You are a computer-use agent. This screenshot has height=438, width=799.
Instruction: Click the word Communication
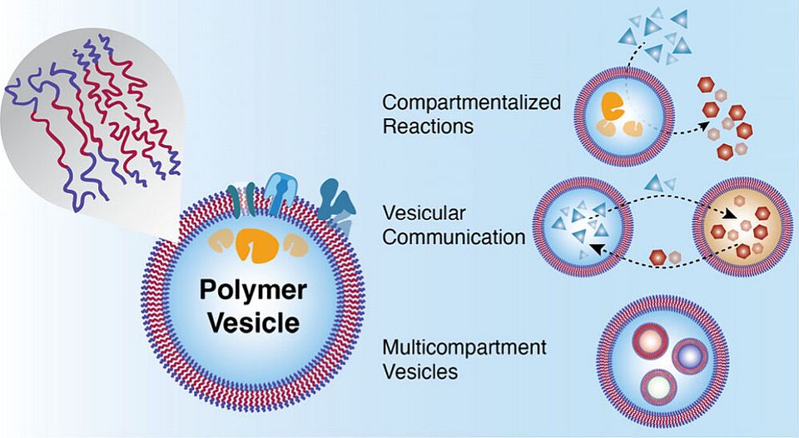pyautogui.click(x=454, y=236)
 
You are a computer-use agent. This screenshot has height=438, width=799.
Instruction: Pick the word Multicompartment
pyautogui.click(x=464, y=347)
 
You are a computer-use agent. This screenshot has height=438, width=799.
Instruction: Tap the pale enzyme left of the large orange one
pyautogui.click(x=209, y=243)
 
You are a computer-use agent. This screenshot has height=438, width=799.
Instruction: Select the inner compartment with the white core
pyautogui.click(x=658, y=386)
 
